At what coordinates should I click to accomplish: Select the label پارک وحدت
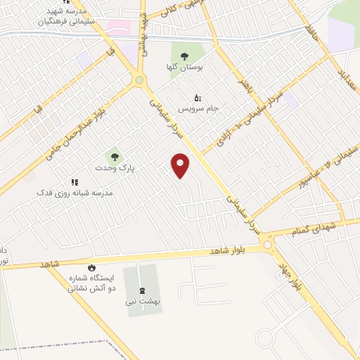click(x=115, y=169)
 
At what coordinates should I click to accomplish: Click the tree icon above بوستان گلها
click(x=184, y=56)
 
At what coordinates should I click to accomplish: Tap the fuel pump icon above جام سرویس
click(x=197, y=97)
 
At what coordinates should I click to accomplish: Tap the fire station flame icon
click(x=91, y=268)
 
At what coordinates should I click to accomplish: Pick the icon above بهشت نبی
click(x=143, y=290)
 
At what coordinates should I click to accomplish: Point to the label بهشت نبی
click(x=143, y=302)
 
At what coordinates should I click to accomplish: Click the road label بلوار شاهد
click(x=229, y=250)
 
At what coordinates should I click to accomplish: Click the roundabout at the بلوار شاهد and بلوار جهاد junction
click(x=267, y=244)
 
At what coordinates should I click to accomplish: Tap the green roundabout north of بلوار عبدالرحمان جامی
click(x=139, y=80)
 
